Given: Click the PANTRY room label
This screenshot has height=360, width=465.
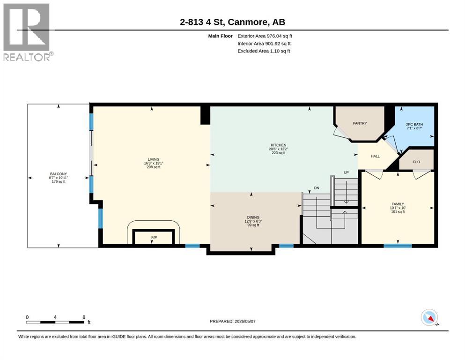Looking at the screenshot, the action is (360, 123).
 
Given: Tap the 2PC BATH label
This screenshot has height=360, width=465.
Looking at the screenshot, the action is (414, 124).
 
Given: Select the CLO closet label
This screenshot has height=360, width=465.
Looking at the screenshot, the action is (416, 162).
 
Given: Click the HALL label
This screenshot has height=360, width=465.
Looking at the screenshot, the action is (375, 156).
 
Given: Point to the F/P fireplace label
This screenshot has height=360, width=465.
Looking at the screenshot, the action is (154, 238).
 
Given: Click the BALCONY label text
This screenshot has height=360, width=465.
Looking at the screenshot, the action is (59, 174).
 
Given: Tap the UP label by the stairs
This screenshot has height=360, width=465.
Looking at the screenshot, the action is (346, 172).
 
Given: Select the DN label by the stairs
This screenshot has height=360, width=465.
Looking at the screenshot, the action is (317, 188).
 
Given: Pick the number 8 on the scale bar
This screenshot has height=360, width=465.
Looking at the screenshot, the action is (84, 317).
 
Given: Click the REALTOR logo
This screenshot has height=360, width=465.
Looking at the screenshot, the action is (27, 32).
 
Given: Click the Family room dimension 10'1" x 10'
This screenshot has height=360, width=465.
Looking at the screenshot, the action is (398, 208).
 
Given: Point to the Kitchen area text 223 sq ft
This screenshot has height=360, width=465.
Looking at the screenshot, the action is (279, 153).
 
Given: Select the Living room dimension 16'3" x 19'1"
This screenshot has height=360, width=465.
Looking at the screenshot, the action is (154, 163).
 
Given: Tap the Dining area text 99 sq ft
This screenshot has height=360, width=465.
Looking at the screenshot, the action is (253, 225).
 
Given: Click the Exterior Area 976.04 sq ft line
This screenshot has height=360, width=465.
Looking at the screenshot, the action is (265, 36).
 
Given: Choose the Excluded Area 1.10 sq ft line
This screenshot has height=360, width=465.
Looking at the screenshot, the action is (264, 51).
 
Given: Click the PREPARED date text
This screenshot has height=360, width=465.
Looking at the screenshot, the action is (232, 321).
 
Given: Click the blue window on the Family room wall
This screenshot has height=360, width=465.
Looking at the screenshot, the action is (398, 246).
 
